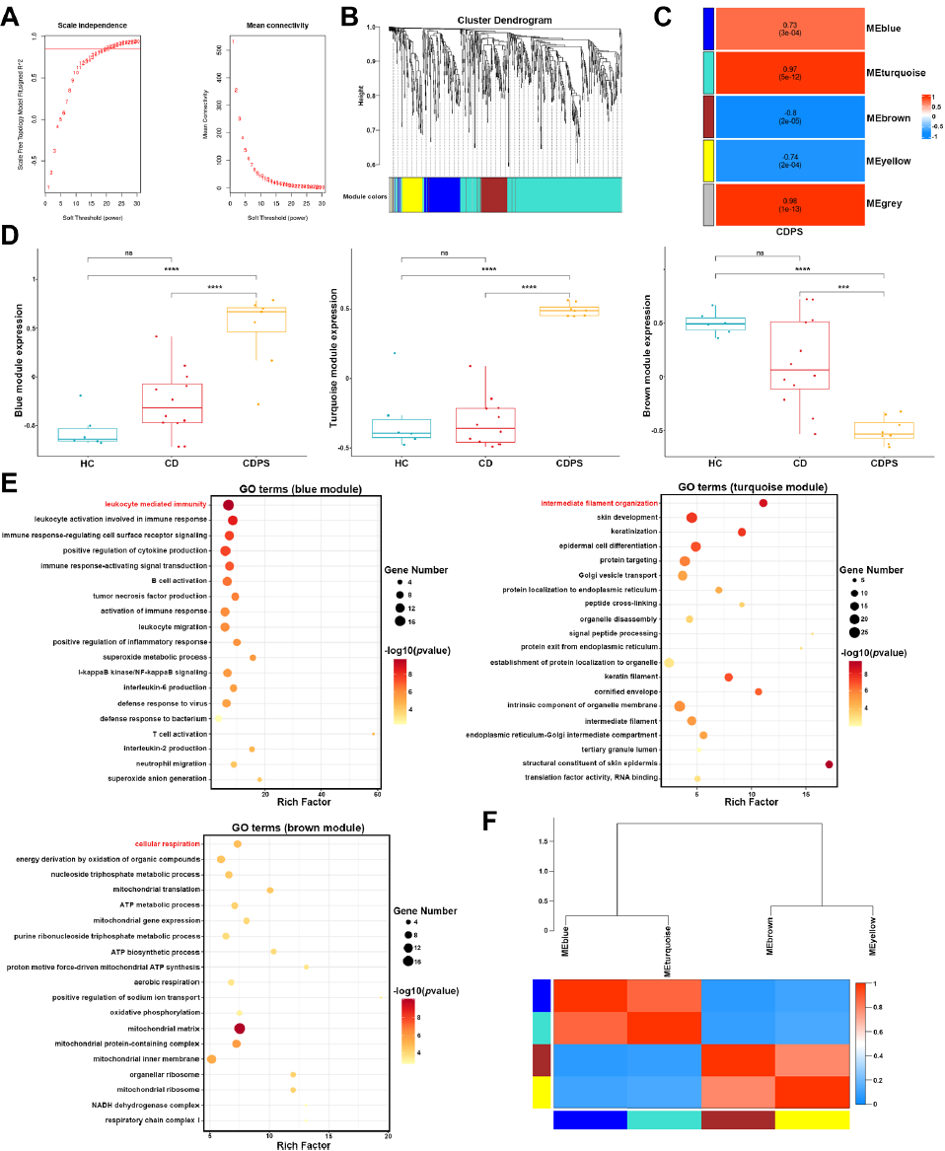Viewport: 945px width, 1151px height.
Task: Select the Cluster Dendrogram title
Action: [503, 20]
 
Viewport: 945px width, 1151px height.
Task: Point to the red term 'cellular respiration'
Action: [168, 843]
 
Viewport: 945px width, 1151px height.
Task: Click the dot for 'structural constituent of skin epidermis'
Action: [829, 764]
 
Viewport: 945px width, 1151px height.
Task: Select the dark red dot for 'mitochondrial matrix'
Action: [240, 1028]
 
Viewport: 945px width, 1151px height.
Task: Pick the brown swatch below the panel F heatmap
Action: [738, 1119]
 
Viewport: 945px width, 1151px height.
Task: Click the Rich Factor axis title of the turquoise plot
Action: [753, 801]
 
